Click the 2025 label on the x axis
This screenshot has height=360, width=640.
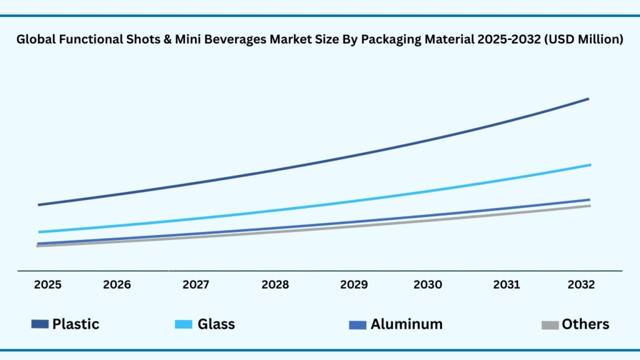click(x=47, y=285)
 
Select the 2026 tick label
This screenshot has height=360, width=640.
click(x=117, y=285)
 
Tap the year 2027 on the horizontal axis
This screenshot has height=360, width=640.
click(x=196, y=285)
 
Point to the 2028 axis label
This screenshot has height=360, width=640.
click(x=275, y=285)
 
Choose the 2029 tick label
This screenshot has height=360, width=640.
click(x=354, y=285)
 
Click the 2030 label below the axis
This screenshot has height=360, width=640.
click(x=427, y=285)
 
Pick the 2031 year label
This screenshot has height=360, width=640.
click(x=506, y=285)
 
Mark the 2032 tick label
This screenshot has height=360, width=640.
click(x=581, y=285)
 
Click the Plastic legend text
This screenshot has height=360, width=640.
click(x=76, y=324)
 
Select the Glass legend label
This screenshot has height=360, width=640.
click(x=216, y=324)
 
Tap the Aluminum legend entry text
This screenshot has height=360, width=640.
click(x=406, y=324)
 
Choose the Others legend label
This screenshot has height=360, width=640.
click(x=585, y=324)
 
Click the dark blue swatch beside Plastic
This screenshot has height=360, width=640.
click(x=40, y=324)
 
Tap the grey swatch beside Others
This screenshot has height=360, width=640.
click(x=550, y=324)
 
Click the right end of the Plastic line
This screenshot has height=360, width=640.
click(x=588, y=99)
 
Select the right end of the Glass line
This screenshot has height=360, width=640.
click(x=590, y=165)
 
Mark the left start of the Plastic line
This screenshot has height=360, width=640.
click(x=39, y=204)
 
